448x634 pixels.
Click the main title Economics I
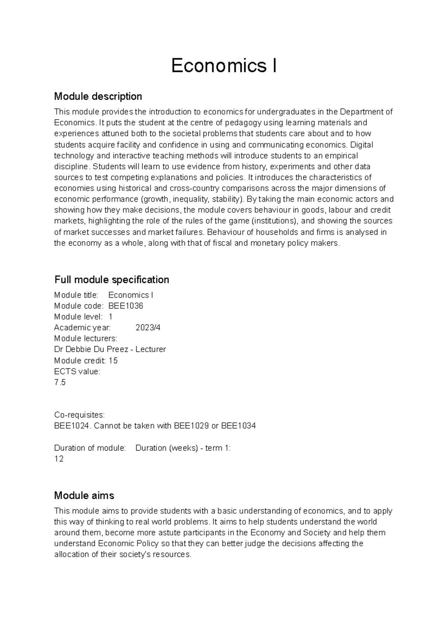224,66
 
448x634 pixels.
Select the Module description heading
98,96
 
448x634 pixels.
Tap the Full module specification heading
112,280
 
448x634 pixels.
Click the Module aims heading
84,495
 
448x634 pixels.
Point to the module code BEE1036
126,306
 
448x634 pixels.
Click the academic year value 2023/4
148,327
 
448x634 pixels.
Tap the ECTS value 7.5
60,382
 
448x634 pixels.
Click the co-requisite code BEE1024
72,426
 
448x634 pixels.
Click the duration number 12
59,459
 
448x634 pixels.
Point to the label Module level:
78,317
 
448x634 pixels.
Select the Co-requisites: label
79,415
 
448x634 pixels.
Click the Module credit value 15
113,361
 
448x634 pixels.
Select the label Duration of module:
90,448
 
